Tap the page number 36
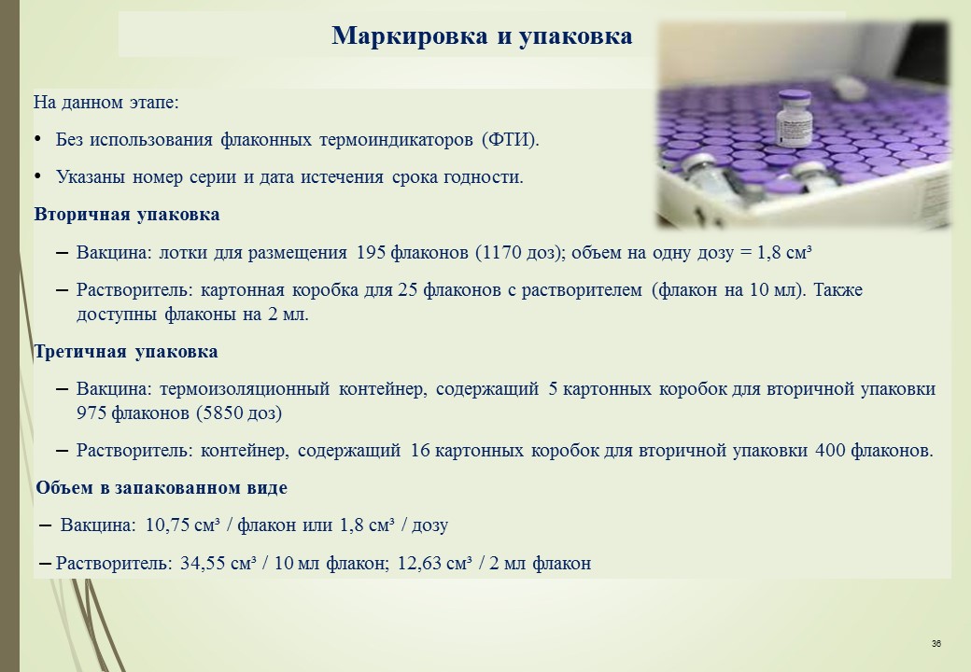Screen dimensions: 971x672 pyautogui.click(x=936, y=644)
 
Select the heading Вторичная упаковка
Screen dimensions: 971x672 pyautogui.click(x=127, y=215)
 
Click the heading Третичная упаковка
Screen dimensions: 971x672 pyautogui.click(x=126, y=352)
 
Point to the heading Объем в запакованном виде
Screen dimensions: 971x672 pyautogui.click(x=162, y=487)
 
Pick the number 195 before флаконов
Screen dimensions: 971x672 pyautogui.click(x=372, y=252)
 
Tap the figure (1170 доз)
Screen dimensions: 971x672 pyautogui.click(x=520, y=252)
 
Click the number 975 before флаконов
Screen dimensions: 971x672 pyautogui.click(x=91, y=413)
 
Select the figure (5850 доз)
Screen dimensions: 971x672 pyautogui.click(x=238, y=413)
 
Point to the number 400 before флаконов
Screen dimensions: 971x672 pyautogui.click(x=830, y=451)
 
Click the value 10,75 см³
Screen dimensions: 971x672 pyautogui.click(x=183, y=525)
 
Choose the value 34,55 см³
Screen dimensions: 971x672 pyautogui.click(x=218, y=563)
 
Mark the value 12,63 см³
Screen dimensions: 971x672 pyautogui.click(x=435, y=563)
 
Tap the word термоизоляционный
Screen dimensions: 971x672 pyautogui.click(x=245, y=389)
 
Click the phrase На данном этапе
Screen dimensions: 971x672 pyautogui.click(x=106, y=103)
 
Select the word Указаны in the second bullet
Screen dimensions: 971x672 pyautogui.click(x=91, y=177)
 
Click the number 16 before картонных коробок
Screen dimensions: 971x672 pyautogui.click(x=420, y=451)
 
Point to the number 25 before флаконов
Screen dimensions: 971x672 pyautogui.click(x=407, y=290)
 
